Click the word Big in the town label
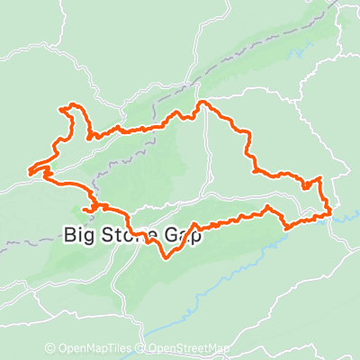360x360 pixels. tap(79, 236)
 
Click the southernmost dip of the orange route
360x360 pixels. tap(166, 258)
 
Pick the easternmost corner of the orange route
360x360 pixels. tap(332, 212)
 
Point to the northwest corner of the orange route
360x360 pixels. tap(62, 109)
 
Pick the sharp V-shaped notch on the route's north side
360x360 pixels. tap(91, 136)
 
